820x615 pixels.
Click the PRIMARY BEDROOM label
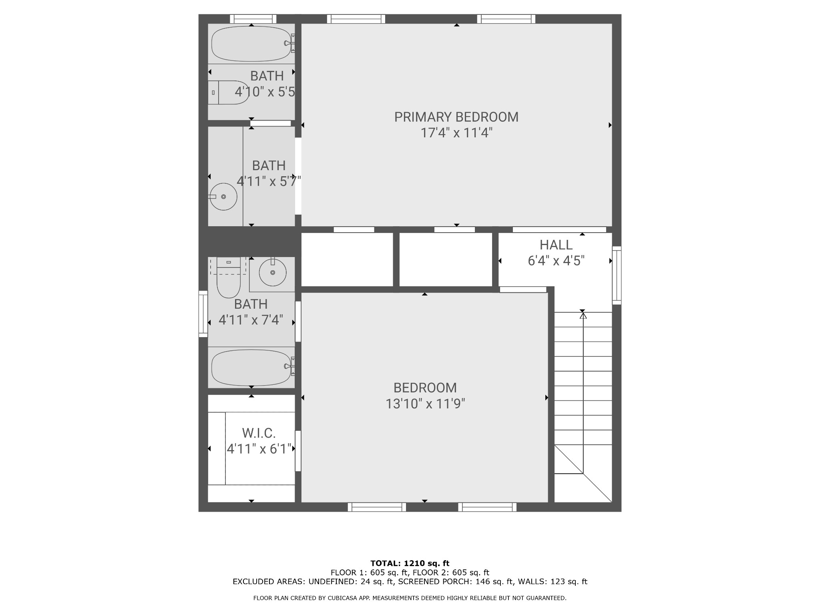456,117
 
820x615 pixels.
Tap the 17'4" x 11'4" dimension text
456,133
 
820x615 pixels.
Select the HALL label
556,245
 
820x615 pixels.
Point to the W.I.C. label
259,433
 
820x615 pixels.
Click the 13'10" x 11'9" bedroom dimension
425,404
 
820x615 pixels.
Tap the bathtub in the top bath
251,44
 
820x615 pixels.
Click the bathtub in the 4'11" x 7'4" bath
251,368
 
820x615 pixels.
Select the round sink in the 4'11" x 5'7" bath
223,197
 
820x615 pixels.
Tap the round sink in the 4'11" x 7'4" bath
273,272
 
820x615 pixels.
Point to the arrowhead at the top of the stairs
583,316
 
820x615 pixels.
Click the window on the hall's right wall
617,275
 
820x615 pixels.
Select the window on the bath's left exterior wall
203,314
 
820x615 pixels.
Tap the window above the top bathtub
253,19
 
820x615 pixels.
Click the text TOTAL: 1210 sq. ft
410,563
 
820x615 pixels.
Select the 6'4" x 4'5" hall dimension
556,261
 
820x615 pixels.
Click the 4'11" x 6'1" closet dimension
259,449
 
